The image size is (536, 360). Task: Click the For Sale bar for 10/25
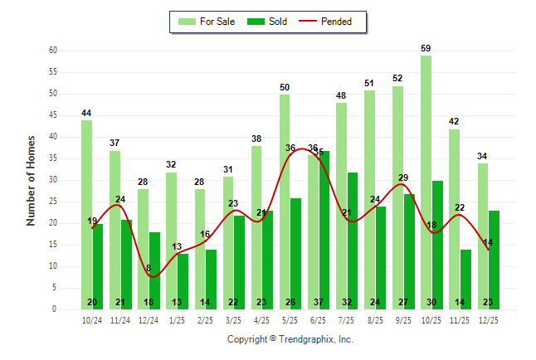[x=426, y=182]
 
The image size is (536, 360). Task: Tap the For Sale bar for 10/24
[x=86, y=215]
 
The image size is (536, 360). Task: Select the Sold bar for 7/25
[x=353, y=241]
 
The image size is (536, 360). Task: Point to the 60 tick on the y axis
[x=52, y=51]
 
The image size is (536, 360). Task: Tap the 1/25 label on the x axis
[x=177, y=319]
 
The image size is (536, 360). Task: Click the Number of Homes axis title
[x=31, y=180]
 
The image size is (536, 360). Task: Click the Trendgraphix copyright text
[x=290, y=339]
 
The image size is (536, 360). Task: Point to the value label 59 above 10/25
[x=426, y=48]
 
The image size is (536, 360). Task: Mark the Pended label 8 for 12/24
[x=149, y=268]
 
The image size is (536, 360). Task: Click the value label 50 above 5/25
[x=285, y=87]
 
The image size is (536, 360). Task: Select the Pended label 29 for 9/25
[x=403, y=178]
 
